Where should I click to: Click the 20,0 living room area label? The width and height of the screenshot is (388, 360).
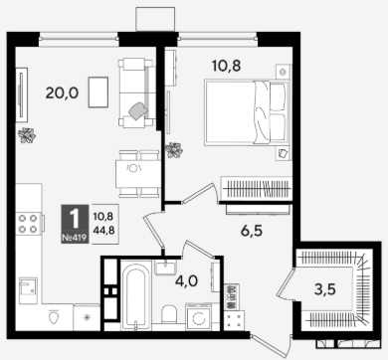[x=62, y=93]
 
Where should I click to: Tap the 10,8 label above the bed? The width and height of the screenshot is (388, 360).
[x=227, y=67]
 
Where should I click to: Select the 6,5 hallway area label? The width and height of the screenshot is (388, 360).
[x=252, y=231]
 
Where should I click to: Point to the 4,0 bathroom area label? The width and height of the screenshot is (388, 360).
[x=187, y=281]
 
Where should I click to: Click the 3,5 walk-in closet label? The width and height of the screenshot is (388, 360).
[x=325, y=289]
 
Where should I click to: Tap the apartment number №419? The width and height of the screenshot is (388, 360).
[x=75, y=238]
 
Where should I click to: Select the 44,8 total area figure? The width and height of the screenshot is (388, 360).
[x=104, y=230]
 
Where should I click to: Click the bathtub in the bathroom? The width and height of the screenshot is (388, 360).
[x=135, y=295]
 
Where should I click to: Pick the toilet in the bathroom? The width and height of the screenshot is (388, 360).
[x=169, y=314]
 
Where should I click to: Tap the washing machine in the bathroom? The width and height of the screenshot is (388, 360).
[x=198, y=316]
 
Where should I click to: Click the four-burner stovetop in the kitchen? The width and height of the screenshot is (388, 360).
[x=28, y=224]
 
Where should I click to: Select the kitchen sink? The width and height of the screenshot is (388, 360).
[x=28, y=287]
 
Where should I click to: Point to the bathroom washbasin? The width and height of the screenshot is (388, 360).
[x=165, y=268]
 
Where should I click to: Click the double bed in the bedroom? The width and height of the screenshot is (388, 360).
[x=247, y=112]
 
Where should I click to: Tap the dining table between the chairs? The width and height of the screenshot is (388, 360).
[x=138, y=174]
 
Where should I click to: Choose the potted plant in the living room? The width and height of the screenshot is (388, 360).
[x=27, y=135]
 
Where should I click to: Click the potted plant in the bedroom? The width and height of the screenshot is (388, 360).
[x=174, y=150]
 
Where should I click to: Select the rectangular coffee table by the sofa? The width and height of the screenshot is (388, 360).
[x=98, y=92]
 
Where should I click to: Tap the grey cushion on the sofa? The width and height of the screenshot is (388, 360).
[x=138, y=110]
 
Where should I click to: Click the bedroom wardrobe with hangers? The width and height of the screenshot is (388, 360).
[x=256, y=189]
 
